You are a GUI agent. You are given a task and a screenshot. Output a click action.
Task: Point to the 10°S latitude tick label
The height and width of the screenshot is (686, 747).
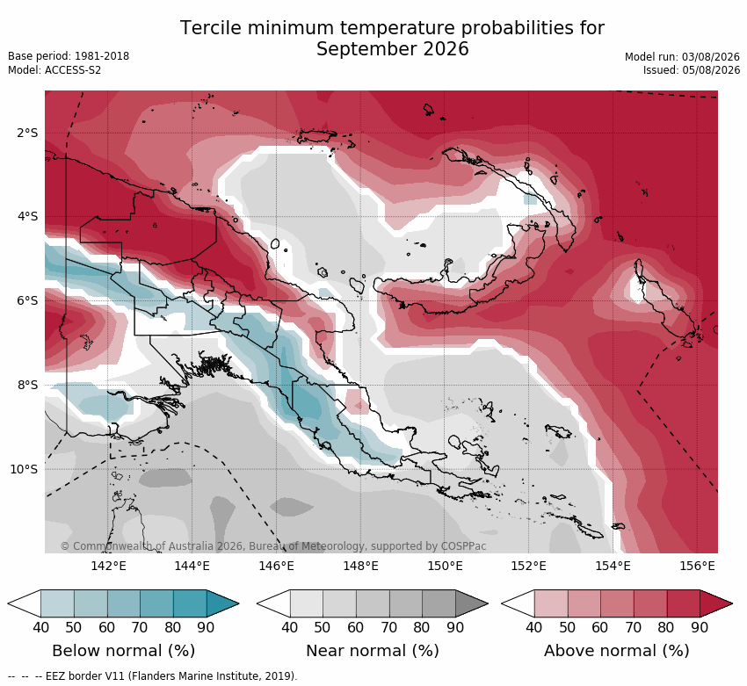24,469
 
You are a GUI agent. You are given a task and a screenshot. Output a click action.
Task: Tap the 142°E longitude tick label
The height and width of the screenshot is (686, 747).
109,566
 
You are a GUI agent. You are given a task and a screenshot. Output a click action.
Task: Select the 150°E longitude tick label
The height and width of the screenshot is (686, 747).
445,566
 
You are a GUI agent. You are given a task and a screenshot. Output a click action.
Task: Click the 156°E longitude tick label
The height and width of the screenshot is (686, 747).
697,566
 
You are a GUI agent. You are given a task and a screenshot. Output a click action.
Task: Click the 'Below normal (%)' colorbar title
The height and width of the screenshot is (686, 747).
123,651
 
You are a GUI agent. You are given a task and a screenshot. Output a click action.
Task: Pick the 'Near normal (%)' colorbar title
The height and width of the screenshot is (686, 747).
373,651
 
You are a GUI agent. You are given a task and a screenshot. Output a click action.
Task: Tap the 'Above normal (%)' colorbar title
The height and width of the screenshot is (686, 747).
617,651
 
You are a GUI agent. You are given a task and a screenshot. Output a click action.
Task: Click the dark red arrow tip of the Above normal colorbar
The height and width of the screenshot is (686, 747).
732,603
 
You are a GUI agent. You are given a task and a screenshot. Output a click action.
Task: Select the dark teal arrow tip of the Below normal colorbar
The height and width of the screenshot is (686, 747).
238,603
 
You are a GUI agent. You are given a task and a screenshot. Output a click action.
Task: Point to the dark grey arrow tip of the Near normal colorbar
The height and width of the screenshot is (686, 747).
488,603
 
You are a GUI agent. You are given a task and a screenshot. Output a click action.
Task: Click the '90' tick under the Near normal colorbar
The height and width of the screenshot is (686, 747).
455,627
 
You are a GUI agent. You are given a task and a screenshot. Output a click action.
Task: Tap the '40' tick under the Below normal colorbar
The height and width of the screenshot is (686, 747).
41,627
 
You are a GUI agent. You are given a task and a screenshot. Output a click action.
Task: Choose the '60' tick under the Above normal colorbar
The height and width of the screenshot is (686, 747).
599,627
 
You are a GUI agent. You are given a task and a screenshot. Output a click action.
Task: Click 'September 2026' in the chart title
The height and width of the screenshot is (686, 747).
393,49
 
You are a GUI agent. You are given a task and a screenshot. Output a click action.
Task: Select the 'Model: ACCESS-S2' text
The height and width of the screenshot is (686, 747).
54,70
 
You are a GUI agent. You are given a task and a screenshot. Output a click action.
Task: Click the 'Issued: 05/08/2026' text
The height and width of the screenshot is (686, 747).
692,70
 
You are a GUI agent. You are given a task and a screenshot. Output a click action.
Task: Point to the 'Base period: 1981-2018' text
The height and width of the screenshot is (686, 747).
69,56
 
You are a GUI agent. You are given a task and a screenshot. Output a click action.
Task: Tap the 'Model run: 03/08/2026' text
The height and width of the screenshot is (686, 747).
682,56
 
